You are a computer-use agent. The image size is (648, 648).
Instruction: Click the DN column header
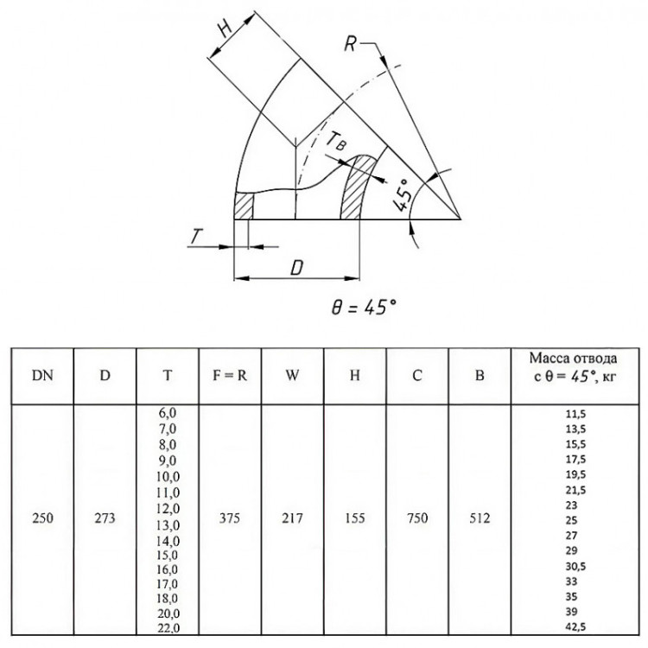point(42,375)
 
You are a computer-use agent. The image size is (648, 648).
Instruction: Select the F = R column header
point(229,375)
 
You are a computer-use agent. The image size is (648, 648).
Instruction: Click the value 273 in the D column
point(105,518)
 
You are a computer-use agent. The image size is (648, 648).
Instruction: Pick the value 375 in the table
point(229,518)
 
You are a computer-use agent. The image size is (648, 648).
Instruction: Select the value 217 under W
point(292,518)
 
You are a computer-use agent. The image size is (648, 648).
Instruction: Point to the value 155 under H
point(355,518)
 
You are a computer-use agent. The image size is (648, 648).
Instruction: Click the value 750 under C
point(417,518)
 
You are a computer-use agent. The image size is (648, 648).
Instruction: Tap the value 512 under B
point(480,518)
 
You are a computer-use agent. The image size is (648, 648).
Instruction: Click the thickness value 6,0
point(168,413)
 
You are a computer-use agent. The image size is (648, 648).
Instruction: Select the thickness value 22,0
point(168,628)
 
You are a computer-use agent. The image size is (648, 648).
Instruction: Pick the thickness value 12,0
point(168,509)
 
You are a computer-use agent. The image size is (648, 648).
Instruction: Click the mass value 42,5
point(575,627)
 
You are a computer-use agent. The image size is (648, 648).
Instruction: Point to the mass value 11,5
point(575,414)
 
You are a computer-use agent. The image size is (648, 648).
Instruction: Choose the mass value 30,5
point(575,566)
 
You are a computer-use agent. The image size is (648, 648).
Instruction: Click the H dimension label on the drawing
point(225,29)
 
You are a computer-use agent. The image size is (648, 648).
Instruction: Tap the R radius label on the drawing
point(351,43)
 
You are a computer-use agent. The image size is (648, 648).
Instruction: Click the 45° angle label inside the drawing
point(403,195)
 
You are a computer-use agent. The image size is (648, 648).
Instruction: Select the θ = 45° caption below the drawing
point(364,307)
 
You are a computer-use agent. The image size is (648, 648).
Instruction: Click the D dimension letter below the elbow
point(296,268)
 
